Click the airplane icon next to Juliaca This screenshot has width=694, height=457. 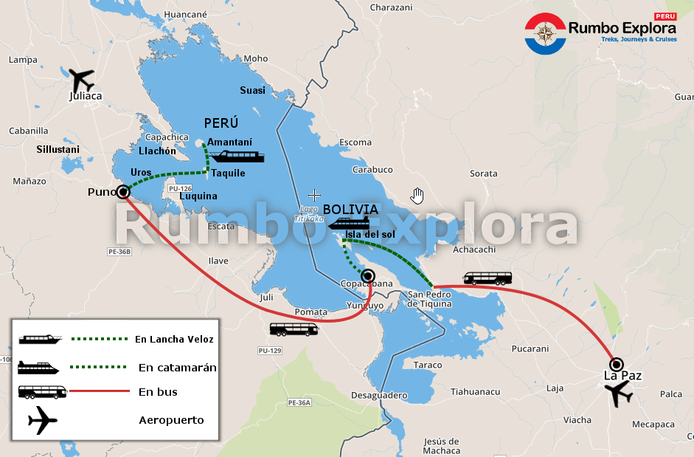[x=81, y=78]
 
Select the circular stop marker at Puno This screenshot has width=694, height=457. [x=123, y=192]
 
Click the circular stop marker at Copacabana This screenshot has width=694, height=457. [x=369, y=275]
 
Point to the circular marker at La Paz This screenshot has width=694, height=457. [x=617, y=364]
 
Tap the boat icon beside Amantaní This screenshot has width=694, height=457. [x=236, y=157]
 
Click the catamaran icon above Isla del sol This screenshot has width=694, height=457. [x=349, y=224]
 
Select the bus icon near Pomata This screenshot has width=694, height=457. [x=294, y=329]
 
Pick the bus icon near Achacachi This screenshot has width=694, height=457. [x=487, y=278]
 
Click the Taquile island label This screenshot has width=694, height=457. [x=229, y=173]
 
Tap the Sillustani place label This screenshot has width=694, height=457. [x=58, y=149]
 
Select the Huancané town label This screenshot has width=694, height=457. [x=186, y=14]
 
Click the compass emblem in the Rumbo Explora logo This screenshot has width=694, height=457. [x=545, y=33]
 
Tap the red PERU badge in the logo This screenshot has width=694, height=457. [x=665, y=16]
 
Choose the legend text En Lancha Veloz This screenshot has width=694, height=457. [x=174, y=340]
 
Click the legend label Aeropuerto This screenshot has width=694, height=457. [x=171, y=421]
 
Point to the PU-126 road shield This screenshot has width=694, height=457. [x=180, y=189]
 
